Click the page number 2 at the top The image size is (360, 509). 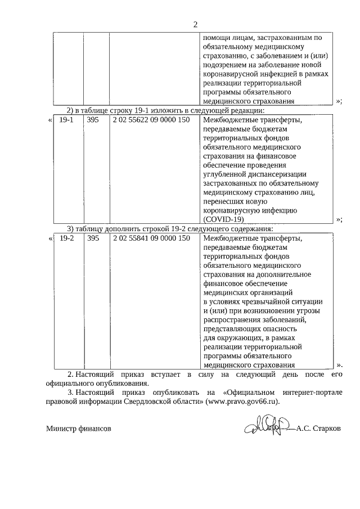click(195, 24)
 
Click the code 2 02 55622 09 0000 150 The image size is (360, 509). click(151, 120)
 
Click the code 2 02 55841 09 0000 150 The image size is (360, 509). click(151, 238)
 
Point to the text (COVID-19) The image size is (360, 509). click(223, 219)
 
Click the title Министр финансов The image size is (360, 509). click(78, 429)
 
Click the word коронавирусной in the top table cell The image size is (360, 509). click(228, 74)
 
